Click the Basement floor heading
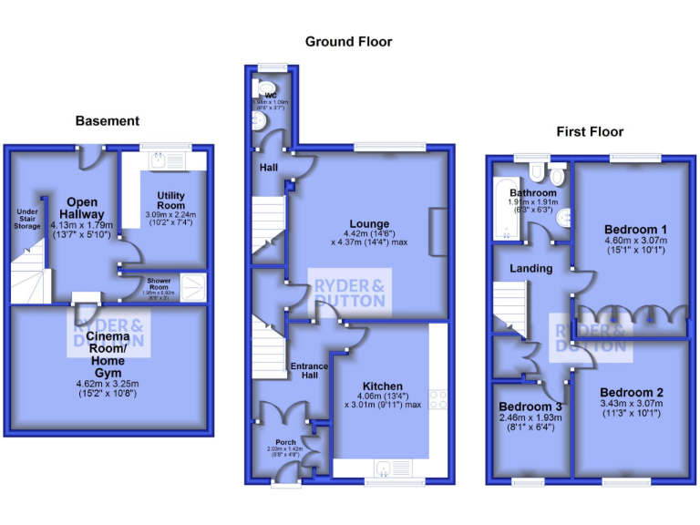click(108, 120)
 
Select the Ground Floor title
click(348, 41)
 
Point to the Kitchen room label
click(381, 386)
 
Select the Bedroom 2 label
click(632, 393)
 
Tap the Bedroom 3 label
click(530, 407)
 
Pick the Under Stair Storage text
click(28, 219)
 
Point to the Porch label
click(285, 442)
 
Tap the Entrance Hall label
click(309, 371)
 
